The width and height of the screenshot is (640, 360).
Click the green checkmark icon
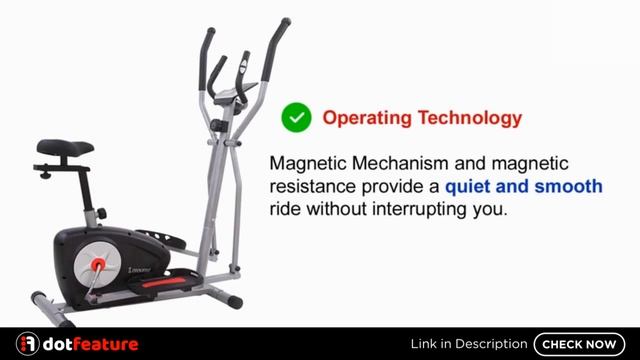click(295, 117)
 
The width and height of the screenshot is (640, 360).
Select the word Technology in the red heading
click(472, 118)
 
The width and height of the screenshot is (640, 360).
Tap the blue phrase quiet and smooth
click(524, 186)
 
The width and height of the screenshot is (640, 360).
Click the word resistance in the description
click(315, 187)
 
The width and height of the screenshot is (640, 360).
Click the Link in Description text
click(469, 344)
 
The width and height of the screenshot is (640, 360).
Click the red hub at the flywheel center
click(98, 264)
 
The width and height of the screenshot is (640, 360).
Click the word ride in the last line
click(285, 210)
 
